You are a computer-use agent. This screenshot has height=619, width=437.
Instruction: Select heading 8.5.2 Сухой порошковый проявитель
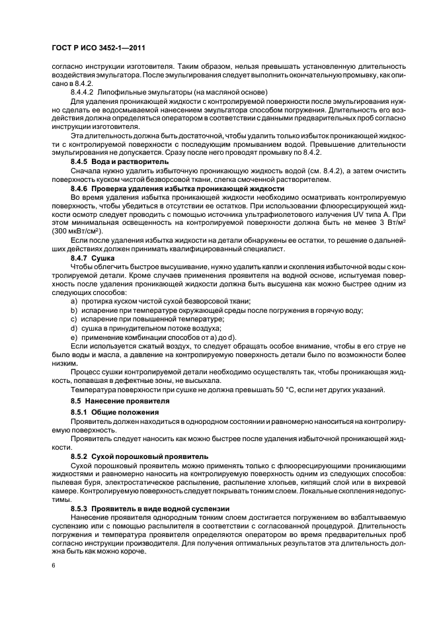point(139,456)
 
